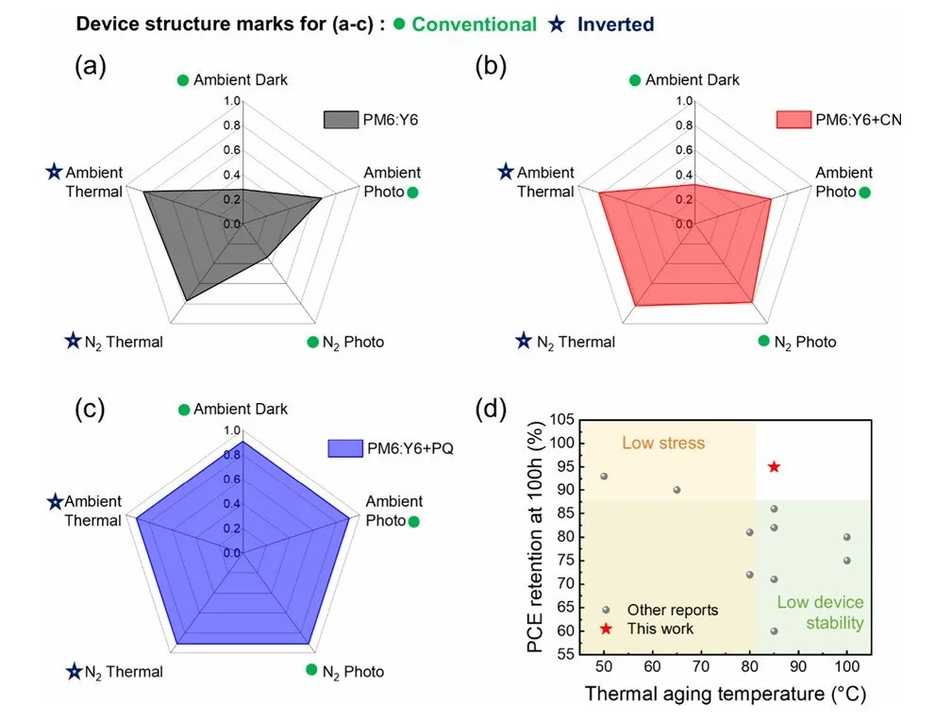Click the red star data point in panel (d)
pos(774,466)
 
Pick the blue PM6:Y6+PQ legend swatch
pos(344,448)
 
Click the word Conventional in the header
pos(474,25)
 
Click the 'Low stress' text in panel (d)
pos(662,443)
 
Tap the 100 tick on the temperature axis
pos(846,667)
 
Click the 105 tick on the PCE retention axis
pos(560,420)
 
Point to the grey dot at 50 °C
pos(604,477)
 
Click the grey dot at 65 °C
pos(676,490)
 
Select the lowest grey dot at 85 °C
pos(774,630)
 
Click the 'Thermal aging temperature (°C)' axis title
pos(725,696)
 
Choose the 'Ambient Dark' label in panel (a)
pos(241,80)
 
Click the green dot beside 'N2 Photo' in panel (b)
pos(763,341)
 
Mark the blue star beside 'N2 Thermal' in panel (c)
pos(74,671)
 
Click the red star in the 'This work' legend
pos(607,629)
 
